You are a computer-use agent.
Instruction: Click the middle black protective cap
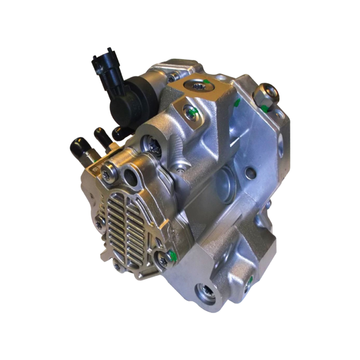102,135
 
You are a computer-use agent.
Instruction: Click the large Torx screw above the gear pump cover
153,146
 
